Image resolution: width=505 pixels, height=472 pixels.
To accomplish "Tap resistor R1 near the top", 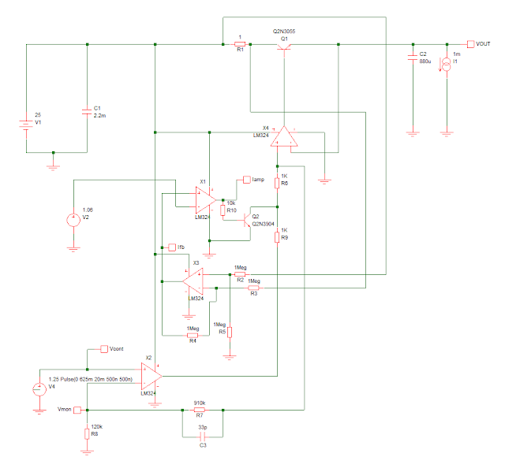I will [241, 45].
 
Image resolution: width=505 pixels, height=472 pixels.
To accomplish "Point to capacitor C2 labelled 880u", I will [412, 57].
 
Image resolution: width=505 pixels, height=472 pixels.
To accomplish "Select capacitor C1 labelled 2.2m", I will [87, 112].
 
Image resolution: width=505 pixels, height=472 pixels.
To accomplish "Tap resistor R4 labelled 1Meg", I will [192, 335].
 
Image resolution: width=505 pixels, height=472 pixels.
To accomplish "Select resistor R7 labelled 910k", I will [200, 410].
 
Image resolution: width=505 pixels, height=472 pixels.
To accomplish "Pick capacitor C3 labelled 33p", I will [202, 436].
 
